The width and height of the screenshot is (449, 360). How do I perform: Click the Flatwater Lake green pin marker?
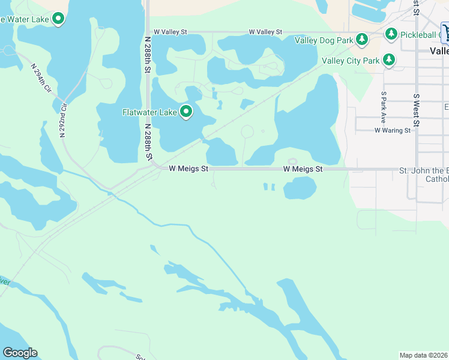tap(187, 112)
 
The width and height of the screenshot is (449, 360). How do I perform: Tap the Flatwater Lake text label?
tap(149, 112)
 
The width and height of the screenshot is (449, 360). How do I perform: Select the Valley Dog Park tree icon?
tap(361, 40)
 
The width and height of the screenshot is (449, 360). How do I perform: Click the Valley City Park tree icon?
tap(390, 60)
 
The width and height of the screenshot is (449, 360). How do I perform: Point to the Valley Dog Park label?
tap(324, 40)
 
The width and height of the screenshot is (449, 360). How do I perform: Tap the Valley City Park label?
tap(351, 61)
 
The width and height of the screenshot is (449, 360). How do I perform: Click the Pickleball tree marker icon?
tap(391, 34)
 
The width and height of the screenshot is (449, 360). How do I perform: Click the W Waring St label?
tap(392, 130)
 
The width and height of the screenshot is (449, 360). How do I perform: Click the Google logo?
tap(20, 353)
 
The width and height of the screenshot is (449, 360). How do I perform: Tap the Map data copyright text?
tap(424, 355)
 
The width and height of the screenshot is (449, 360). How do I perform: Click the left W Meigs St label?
tap(188, 169)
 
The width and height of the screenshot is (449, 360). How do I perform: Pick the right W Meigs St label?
tap(303, 169)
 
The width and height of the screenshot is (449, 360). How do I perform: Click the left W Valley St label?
tap(171, 32)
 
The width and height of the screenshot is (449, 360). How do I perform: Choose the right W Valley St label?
tap(265, 32)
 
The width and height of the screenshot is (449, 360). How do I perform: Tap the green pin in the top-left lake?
tap(58, 19)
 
